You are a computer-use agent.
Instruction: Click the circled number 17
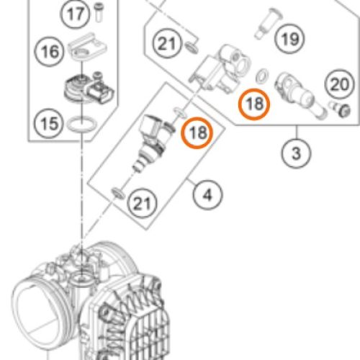(75, 14)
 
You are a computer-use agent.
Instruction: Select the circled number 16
(50, 51)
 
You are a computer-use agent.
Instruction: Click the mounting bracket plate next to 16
(87, 47)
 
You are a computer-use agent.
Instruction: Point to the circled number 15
(49, 124)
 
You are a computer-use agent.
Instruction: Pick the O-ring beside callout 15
(82, 124)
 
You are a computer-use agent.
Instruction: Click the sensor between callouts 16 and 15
(89, 88)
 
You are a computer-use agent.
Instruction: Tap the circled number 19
(289, 39)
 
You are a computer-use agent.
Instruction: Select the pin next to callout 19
(269, 24)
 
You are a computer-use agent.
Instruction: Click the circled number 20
(340, 84)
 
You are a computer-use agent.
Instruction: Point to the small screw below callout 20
(341, 109)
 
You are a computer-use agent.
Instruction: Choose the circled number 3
(296, 153)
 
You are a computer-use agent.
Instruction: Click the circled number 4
(207, 194)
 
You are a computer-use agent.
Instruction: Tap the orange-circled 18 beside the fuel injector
(197, 132)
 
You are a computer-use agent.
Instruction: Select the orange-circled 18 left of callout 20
(254, 104)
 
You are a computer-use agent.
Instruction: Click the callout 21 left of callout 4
(142, 204)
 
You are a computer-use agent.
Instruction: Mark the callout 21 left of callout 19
(167, 43)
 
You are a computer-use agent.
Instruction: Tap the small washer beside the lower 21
(118, 193)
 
